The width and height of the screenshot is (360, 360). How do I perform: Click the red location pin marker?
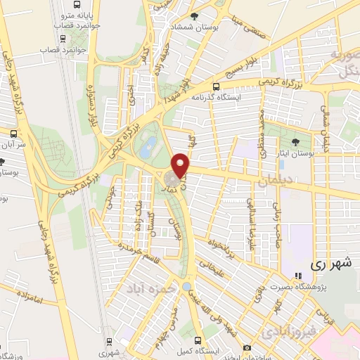coord(181,165)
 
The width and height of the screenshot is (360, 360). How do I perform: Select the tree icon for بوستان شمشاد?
coord(195,16)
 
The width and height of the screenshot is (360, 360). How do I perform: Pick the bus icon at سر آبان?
coord(13,133)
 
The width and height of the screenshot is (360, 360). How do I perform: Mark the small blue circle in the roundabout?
coord(185,287)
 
